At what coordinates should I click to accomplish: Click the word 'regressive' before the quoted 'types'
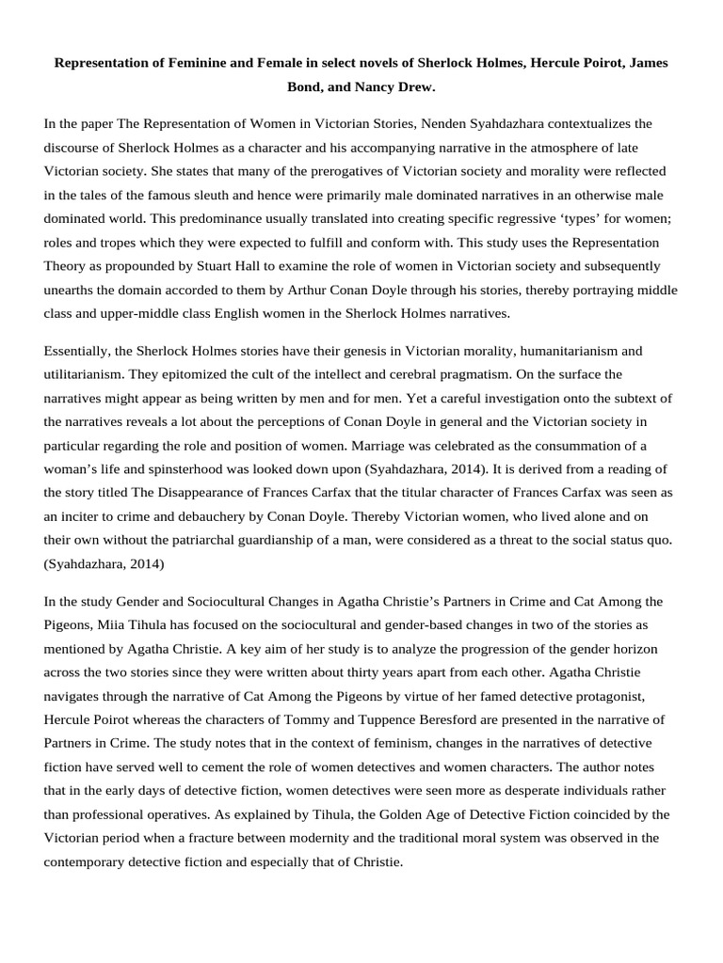492,217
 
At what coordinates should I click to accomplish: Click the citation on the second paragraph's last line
103,562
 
